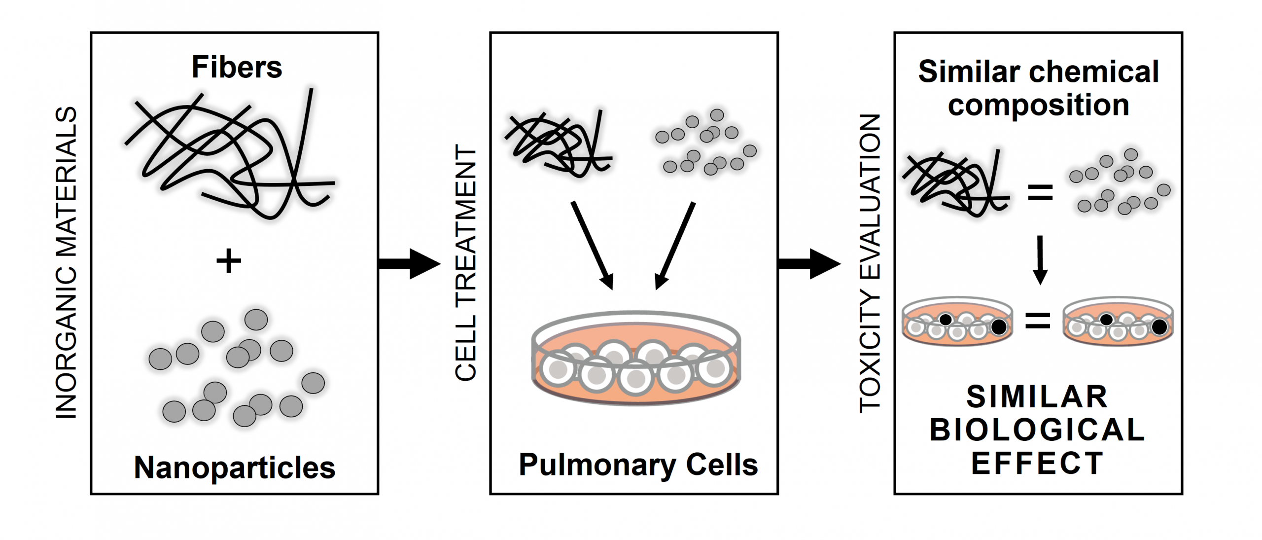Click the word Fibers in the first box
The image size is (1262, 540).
(237, 67)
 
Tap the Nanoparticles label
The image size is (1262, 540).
(235, 467)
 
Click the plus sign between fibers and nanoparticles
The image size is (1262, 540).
(229, 261)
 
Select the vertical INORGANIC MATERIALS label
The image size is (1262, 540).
(66, 262)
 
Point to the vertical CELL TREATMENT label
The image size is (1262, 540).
(465, 262)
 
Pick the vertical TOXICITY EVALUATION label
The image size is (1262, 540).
(870, 262)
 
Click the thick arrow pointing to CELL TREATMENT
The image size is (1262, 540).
(409, 264)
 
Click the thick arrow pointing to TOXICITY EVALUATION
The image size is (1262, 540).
(809, 264)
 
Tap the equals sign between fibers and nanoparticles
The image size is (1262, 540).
(1040, 192)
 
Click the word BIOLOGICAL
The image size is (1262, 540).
(1038, 430)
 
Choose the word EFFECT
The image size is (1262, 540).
(1038, 463)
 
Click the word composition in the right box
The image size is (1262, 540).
(1039, 106)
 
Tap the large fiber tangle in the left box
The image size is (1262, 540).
(232, 153)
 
